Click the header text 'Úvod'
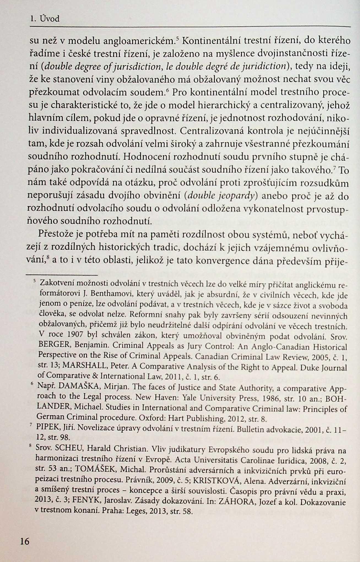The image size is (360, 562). [x=49, y=19]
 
